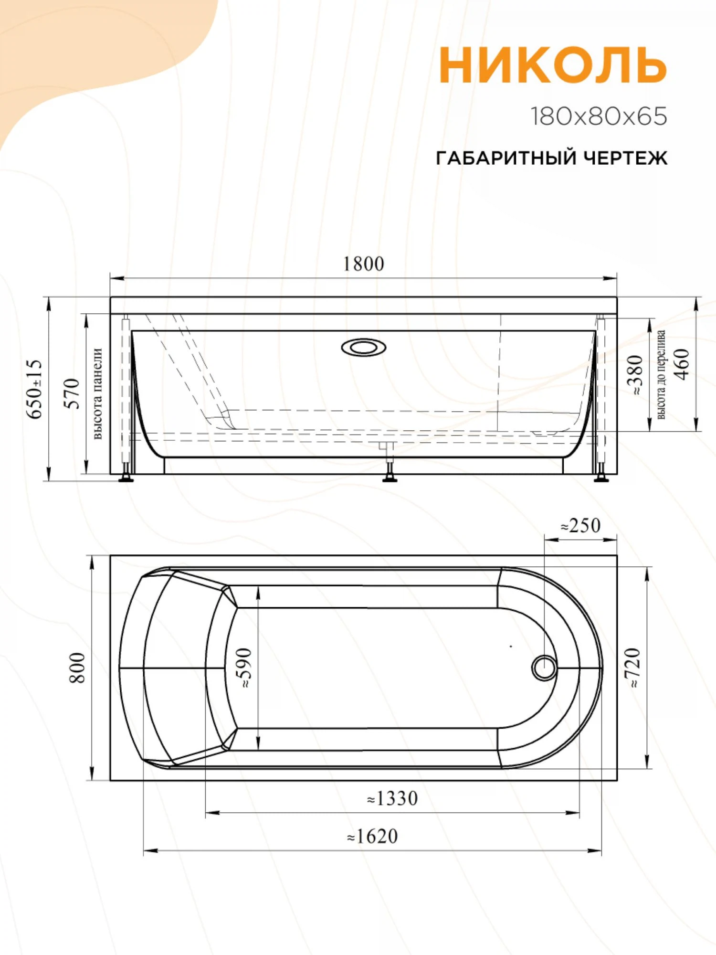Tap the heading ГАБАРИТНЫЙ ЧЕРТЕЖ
point(551,158)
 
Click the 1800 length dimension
point(364,264)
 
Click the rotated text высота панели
point(97,393)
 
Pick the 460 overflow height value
point(683,364)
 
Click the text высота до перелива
point(661,375)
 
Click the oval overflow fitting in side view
point(364,347)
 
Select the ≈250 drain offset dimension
point(580,526)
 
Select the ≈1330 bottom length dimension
point(392,798)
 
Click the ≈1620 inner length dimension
point(372,836)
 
